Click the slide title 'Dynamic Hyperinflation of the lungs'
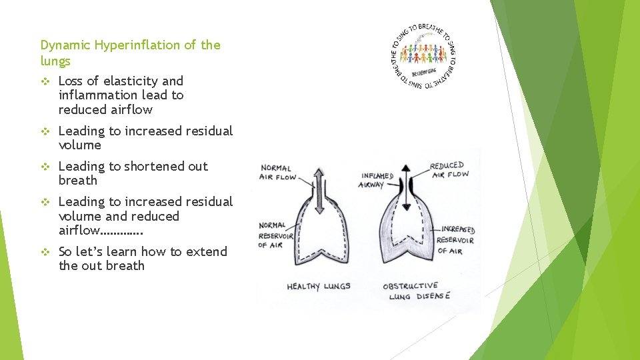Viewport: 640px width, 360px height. pos(130,53)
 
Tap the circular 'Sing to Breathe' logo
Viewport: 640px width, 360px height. pos(423,56)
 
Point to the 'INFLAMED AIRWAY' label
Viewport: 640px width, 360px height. pos(376,180)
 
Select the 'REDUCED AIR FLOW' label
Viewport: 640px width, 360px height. pos(449,170)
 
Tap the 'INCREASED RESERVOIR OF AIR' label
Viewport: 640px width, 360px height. pos(456,240)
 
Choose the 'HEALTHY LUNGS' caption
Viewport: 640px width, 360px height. pos(318,286)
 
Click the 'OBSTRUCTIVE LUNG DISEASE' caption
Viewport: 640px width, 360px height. pos(416,291)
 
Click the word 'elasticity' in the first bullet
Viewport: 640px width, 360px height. pos(126,81)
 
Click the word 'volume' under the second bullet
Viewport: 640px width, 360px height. pos(79,145)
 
